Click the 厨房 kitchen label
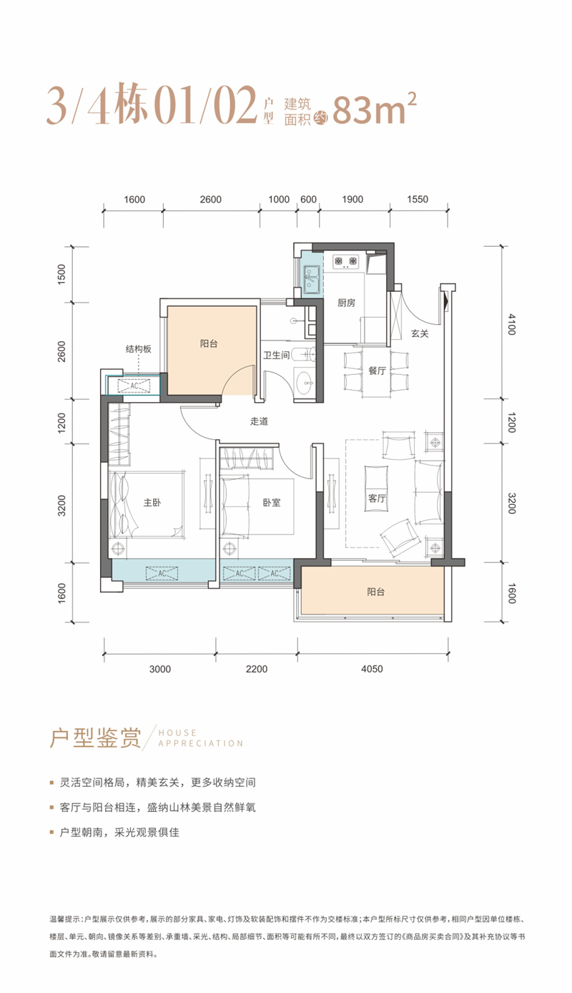[x=346, y=303]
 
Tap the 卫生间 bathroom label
[x=276, y=355]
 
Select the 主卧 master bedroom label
[x=152, y=502]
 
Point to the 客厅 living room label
[x=377, y=498]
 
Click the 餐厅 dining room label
[x=377, y=371]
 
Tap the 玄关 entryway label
[x=420, y=333]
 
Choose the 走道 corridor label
[x=260, y=421]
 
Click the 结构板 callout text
[x=138, y=349]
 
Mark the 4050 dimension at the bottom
[x=372, y=669]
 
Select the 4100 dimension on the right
[x=512, y=324]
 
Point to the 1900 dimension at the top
[x=352, y=200]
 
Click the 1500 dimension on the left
[x=61, y=274]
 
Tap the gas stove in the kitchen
[x=345, y=262]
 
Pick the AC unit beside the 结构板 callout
[x=134, y=386]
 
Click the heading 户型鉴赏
[x=95, y=738]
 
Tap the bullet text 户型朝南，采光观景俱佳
[x=119, y=832]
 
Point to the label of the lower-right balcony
[x=375, y=592]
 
